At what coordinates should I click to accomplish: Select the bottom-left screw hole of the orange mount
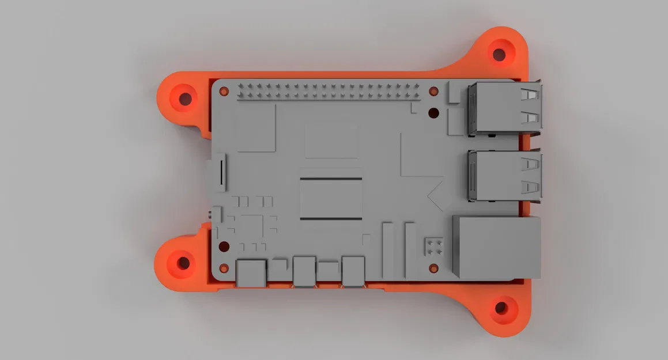pos(183,263)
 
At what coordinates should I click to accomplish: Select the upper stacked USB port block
pos(505,108)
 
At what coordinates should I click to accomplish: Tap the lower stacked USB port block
pos(505,175)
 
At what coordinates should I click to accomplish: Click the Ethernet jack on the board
pos(497,247)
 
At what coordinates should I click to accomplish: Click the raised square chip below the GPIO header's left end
pos(255,129)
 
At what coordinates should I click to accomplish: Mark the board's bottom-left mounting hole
pos(224,247)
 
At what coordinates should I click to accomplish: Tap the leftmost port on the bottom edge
pos(251,272)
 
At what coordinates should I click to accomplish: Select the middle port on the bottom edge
pos(304,271)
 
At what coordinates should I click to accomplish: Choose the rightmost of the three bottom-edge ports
pos(353,271)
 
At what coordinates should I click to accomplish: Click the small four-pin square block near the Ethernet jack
pos(433,247)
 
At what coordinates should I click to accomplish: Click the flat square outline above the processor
pos(331,140)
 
